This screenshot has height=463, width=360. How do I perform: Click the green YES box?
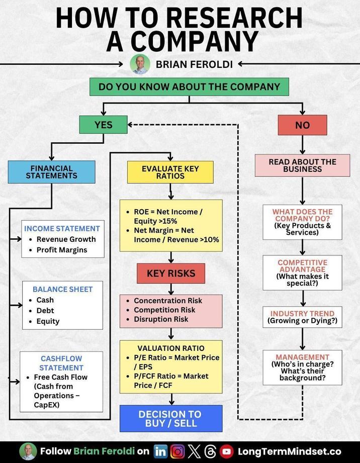[x=103, y=124]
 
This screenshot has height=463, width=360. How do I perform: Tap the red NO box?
[x=302, y=125]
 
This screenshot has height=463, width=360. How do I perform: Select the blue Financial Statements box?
[x=51, y=172]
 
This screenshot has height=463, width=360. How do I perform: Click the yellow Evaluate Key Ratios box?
[x=170, y=172]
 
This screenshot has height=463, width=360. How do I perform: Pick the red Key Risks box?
[x=171, y=273]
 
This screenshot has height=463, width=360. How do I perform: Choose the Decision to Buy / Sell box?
[x=170, y=419]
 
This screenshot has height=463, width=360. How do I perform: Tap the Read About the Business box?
[x=302, y=165]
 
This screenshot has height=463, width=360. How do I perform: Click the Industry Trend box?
[x=302, y=317]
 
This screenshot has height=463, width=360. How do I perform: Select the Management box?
[x=302, y=367]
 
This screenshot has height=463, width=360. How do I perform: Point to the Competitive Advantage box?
[x=302, y=272]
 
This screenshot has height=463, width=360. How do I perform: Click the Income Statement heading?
[x=62, y=228]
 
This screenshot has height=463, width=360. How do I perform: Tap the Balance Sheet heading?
[x=63, y=289]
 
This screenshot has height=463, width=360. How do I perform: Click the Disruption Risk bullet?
[x=161, y=319]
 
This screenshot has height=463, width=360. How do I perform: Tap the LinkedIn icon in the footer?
[x=160, y=451]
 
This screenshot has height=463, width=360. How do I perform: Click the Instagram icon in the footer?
[x=177, y=451]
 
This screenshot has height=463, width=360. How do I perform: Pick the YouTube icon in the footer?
[x=226, y=451]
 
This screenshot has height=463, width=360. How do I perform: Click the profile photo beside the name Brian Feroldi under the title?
[x=140, y=64]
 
